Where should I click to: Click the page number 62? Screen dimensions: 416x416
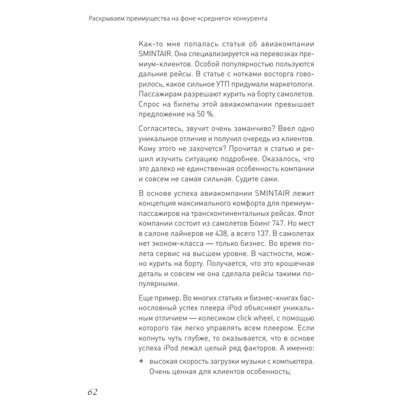(x=92, y=392)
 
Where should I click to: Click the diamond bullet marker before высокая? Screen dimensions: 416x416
(x=141, y=361)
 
